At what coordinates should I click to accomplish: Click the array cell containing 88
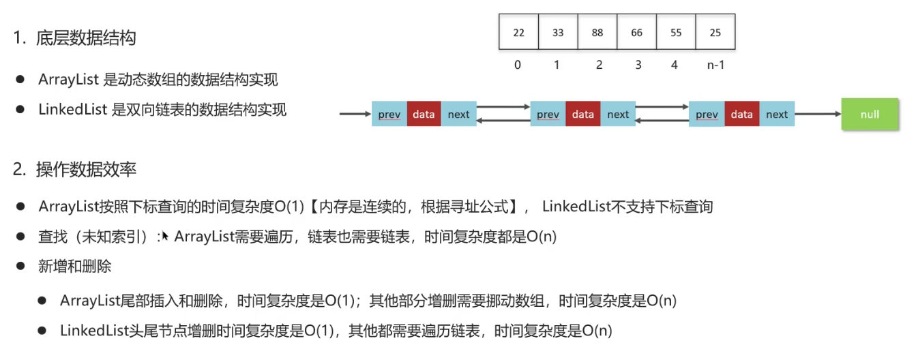(597, 33)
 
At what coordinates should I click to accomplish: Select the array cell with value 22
(518, 33)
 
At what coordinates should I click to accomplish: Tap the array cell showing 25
(715, 33)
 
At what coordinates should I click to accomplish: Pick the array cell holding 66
(636, 33)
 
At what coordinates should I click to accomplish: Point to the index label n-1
(715, 65)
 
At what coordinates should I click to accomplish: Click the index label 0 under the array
(518, 65)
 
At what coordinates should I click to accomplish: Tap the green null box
(870, 114)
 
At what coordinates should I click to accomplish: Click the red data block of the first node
(424, 114)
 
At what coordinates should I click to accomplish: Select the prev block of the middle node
(548, 114)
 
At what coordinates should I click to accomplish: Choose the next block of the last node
(776, 114)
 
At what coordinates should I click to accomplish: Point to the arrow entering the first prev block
(355, 114)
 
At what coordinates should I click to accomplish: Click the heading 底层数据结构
(86, 38)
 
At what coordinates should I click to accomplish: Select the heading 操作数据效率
(86, 170)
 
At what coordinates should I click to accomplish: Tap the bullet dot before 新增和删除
(21, 267)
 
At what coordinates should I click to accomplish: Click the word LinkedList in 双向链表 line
(71, 109)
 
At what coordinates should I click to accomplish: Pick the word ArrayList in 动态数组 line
(68, 80)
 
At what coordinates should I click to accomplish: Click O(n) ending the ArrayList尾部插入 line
(661, 300)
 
